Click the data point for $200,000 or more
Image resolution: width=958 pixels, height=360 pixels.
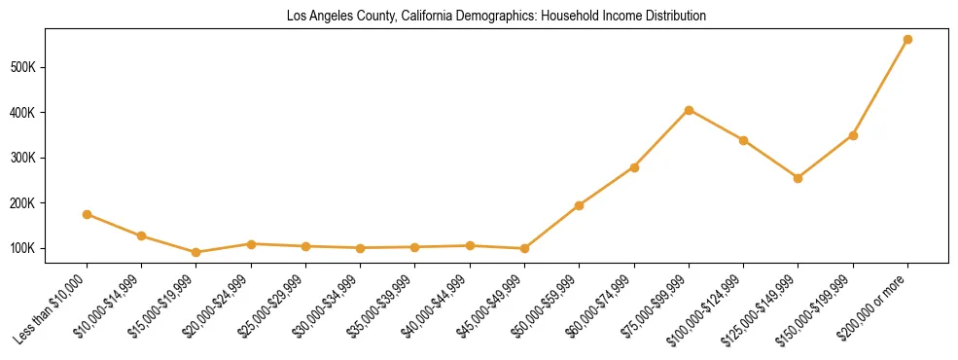pos(907,40)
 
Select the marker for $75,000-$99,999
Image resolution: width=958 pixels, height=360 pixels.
pos(689,110)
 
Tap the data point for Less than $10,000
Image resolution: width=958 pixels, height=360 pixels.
pos(88,214)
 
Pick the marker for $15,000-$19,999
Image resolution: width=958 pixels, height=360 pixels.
pos(196,252)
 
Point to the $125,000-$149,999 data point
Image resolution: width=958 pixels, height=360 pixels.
pos(798,178)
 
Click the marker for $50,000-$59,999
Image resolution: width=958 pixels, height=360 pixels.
pos(579,205)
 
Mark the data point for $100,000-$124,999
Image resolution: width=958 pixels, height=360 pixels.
pos(743,140)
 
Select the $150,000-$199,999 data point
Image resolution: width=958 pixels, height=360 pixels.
pos(853,135)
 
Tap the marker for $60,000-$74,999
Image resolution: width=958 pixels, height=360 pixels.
pos(634,167)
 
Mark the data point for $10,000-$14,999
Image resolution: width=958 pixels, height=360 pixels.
pos(142,235)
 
